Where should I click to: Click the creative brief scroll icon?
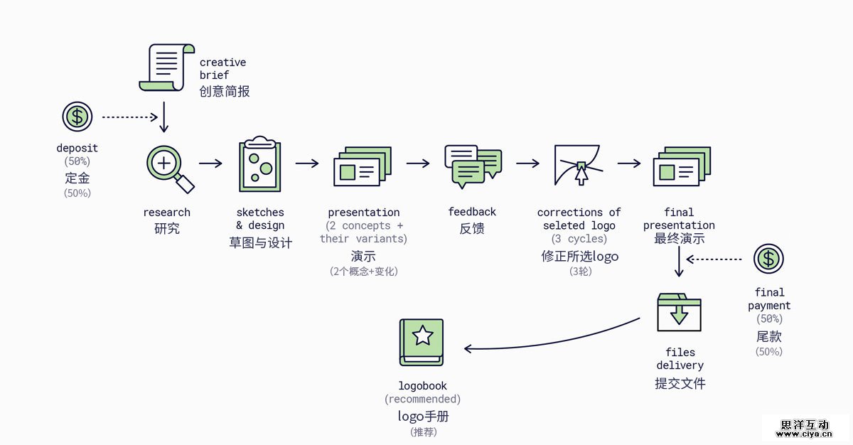(x=166, y=68)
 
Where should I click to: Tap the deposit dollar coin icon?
(x=77, y=117)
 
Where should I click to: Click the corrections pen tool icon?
(x=579, y=164)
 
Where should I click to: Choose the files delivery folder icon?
(x=679, y=312)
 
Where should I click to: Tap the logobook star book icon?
(x=422, y=341)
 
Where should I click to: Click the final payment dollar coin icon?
(x=768, y=259)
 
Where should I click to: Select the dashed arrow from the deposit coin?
(x=130, y=117)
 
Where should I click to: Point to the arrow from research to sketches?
(x=210, y=163)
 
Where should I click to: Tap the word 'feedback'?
(x=472, y=212)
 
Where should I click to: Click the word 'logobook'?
(x=422, y=386)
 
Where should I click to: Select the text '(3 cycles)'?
(x=579, y=239)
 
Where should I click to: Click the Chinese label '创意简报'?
(x=225, y=92)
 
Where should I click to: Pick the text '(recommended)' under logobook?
(x=422, y=400)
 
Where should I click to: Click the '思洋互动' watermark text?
(x=805, y=424)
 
